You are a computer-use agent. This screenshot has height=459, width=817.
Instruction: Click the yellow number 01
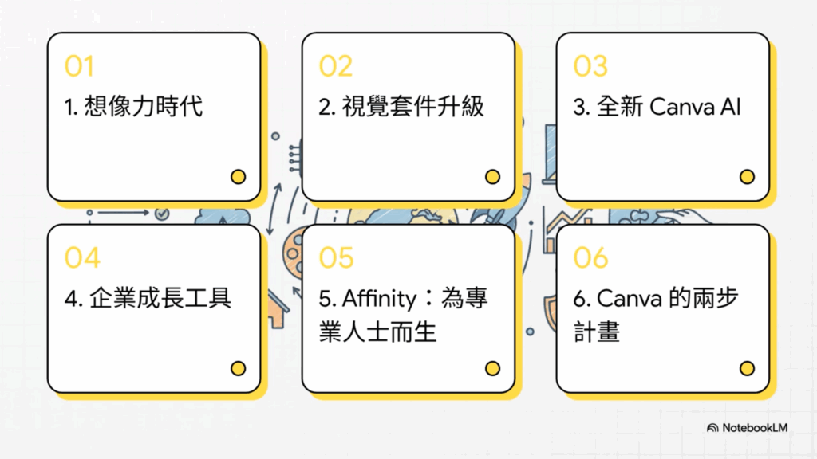click(x=79, y=66)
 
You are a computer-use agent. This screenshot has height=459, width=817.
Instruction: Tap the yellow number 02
click(x=335, y=66)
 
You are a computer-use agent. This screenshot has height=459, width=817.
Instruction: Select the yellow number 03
click(x=590, y=66)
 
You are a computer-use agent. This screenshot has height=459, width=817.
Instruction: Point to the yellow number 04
click(x=82, y=258)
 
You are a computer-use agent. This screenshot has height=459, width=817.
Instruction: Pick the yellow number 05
click(x=336, y=258)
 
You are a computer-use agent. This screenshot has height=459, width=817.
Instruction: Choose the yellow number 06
click(x=591, y=258)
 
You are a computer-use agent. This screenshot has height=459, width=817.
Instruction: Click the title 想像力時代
click(x=144, y=106)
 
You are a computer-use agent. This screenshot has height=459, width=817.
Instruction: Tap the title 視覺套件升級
click(x=412, y=106)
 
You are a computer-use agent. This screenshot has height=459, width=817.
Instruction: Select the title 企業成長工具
click(x=158, y=299)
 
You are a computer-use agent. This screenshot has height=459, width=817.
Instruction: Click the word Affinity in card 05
click(x=379, y=299)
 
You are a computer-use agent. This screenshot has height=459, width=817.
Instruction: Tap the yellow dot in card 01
click(x=238, y=177)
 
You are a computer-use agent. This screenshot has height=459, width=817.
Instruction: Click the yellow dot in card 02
click(x=492, y=177)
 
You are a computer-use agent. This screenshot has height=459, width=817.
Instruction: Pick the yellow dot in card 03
click(x=747, y=177)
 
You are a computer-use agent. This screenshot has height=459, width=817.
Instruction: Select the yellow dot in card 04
click(x=238, y=368)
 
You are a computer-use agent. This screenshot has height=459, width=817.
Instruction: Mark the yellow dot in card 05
click(x=492, y=368)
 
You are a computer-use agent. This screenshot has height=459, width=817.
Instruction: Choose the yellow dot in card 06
click(x=747, y=368)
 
